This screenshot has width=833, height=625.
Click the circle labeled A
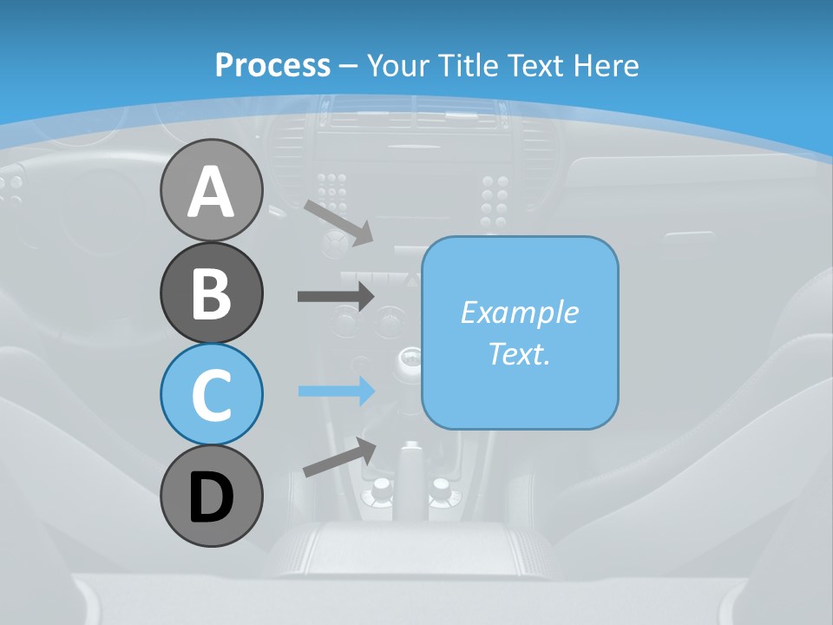pos(211,190)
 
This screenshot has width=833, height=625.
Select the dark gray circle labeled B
pos(211,293)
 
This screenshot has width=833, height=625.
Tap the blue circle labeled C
pos(211,394)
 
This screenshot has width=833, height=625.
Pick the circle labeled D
pos(211,496)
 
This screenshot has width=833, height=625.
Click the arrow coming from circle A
pos(338,222)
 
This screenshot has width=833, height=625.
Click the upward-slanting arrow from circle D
pos(339,457)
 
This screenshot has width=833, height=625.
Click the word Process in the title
pos(272,65)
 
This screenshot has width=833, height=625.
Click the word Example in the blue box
pos(519,312)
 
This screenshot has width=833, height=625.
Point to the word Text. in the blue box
pos(519,353)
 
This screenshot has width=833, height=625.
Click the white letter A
pos(211,192)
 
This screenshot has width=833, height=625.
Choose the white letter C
pos(211,395)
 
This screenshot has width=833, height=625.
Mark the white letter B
pos(211,293)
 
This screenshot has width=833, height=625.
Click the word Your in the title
pos(398,65)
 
